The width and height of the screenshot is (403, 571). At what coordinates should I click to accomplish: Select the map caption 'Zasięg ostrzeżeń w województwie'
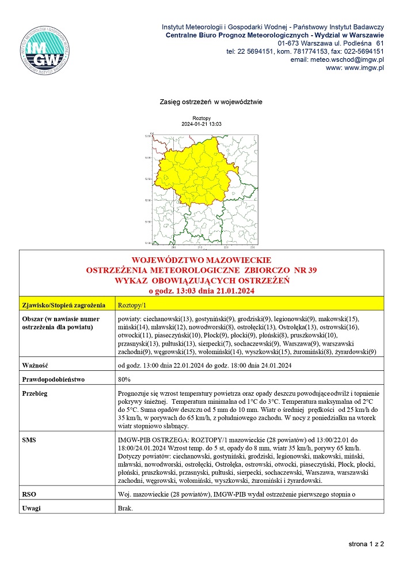(x=211, y=102)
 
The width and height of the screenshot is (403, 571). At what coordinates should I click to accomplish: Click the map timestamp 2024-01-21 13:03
(x=201, y=124)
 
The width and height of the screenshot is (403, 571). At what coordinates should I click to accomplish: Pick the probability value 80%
(x=124, y=380)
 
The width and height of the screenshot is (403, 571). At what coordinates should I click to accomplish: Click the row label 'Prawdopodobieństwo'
(x=53, y=380)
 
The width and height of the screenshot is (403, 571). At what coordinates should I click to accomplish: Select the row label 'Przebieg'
(x=35, y=394)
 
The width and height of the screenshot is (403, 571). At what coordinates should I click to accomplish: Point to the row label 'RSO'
(x=29, y=494)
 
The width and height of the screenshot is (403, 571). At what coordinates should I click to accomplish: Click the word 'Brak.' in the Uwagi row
(x=125, y=508)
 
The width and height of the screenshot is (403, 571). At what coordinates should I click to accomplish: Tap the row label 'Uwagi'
(x=32, y=508)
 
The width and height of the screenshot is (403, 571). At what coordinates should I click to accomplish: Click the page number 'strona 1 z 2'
(x=366, y=544)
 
